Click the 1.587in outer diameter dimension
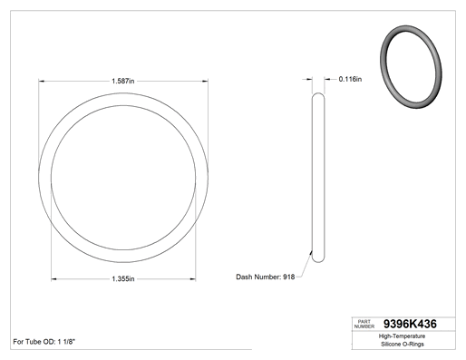point(123,81)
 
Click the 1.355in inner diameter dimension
point(123,278)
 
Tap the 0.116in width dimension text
point(350,79)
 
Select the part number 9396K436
point(410,324)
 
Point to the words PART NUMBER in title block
point(364,324)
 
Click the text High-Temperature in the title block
point(402,336)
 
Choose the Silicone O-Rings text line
point(403,344)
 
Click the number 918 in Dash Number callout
point(288,277)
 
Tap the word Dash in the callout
point(244,277)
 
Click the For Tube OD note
point(44,342)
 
